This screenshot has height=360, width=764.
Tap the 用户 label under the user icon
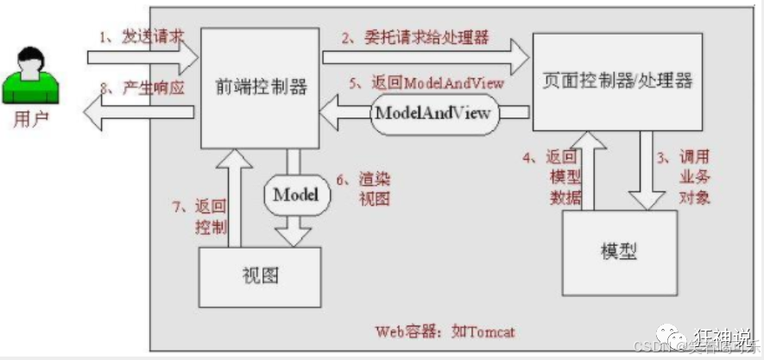(x=31, y=118)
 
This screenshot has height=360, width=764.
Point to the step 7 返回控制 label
(x=199, y=216)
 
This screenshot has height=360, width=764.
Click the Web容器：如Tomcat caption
(x=445, y=331)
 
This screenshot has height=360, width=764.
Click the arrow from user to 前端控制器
(x=143, y=60)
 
